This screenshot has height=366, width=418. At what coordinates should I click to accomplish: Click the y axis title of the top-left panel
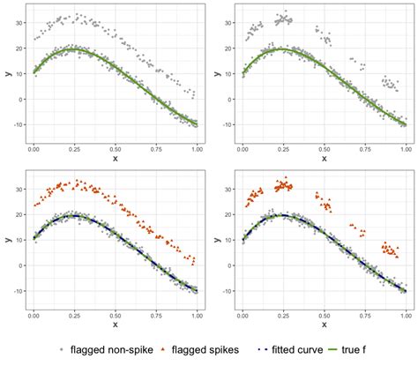tap(7, 74)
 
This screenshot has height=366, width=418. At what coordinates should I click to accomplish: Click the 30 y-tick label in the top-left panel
tap(19, 19)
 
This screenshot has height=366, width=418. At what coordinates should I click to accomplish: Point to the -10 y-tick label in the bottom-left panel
tap(17, 291)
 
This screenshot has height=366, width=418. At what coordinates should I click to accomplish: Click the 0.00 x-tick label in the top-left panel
tap(34, 150)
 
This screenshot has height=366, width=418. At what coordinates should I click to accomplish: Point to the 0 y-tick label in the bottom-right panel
tap(229, 265)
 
